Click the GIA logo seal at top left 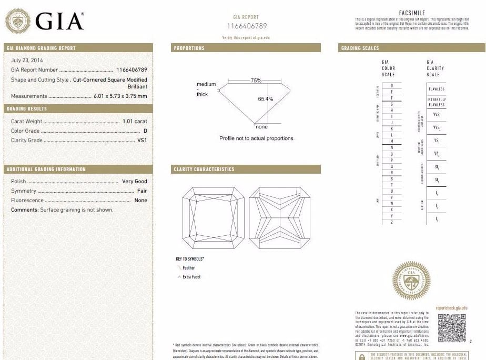[17, 22]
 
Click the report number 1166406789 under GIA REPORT [247, 26]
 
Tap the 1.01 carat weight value [135, 121]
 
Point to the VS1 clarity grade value [142, 141]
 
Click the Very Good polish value [135, 181]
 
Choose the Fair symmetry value [142, 191]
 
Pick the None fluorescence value [141, 200]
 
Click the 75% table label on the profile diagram [256, 81]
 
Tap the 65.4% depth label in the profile [266, 98]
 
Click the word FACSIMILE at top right [412, 13]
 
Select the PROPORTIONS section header [189, 48]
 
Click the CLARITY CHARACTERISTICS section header [204, 169]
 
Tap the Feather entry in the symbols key [188, 268]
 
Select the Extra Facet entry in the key [191, 277]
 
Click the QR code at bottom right [452, 328]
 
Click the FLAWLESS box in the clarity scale [437, 89]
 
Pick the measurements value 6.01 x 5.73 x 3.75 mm [120, 96]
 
